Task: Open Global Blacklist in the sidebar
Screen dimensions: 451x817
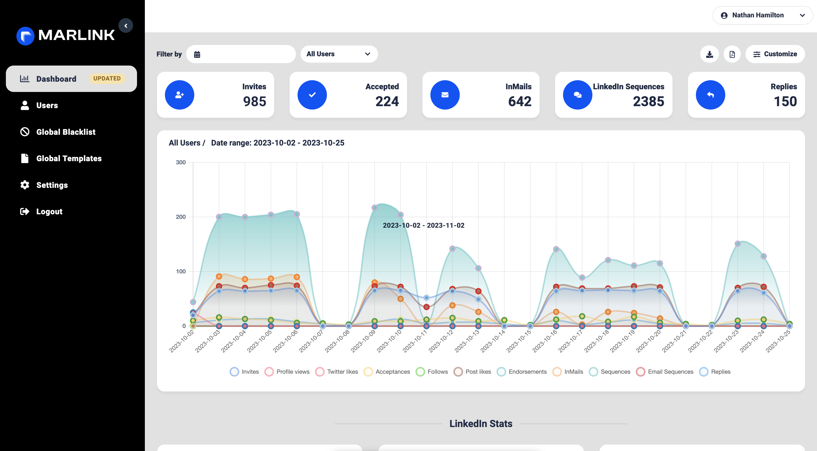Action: [x=65, y=132]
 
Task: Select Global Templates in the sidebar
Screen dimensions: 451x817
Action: [x=69, y=158]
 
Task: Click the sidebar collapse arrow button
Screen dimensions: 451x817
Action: [x=126, y=26]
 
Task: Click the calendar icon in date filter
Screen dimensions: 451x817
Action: [x=197, y=55]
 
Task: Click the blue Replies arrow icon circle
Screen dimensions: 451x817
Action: [x=710, y=95]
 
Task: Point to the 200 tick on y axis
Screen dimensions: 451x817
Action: [x=181, y=217]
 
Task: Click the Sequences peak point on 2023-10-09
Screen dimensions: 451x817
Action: [x=375, y=208]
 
